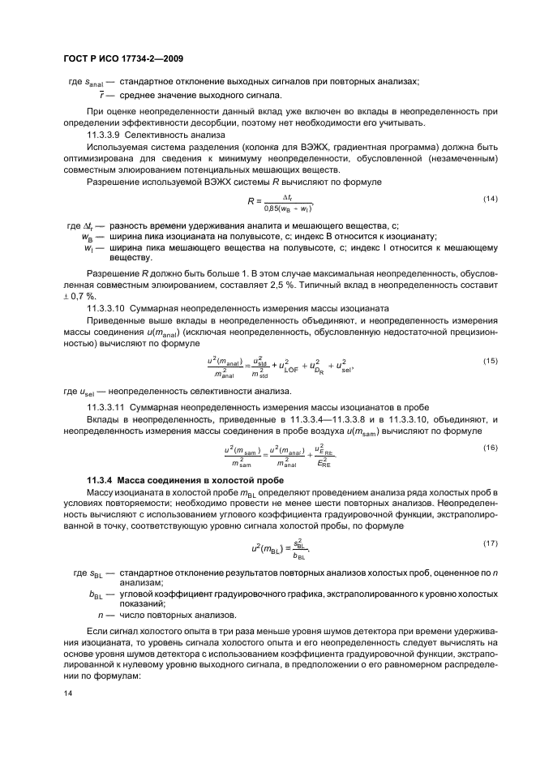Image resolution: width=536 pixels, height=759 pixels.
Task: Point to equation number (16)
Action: [490, 448]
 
